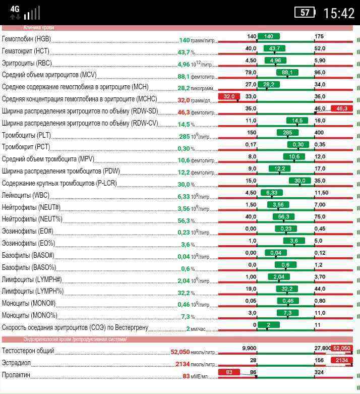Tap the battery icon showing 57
305,13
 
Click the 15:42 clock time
339,13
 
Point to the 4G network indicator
15,9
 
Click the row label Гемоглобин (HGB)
26,39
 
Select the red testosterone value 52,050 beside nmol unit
180,352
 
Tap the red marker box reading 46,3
342,108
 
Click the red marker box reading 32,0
229,96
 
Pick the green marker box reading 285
287,133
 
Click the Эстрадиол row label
16,363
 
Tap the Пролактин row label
16,375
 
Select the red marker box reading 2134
342,360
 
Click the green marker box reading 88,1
287,73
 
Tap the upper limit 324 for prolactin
319,372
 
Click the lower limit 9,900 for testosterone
249,348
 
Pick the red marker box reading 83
229,372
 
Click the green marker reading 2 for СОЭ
269,325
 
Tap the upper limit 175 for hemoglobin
319,36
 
